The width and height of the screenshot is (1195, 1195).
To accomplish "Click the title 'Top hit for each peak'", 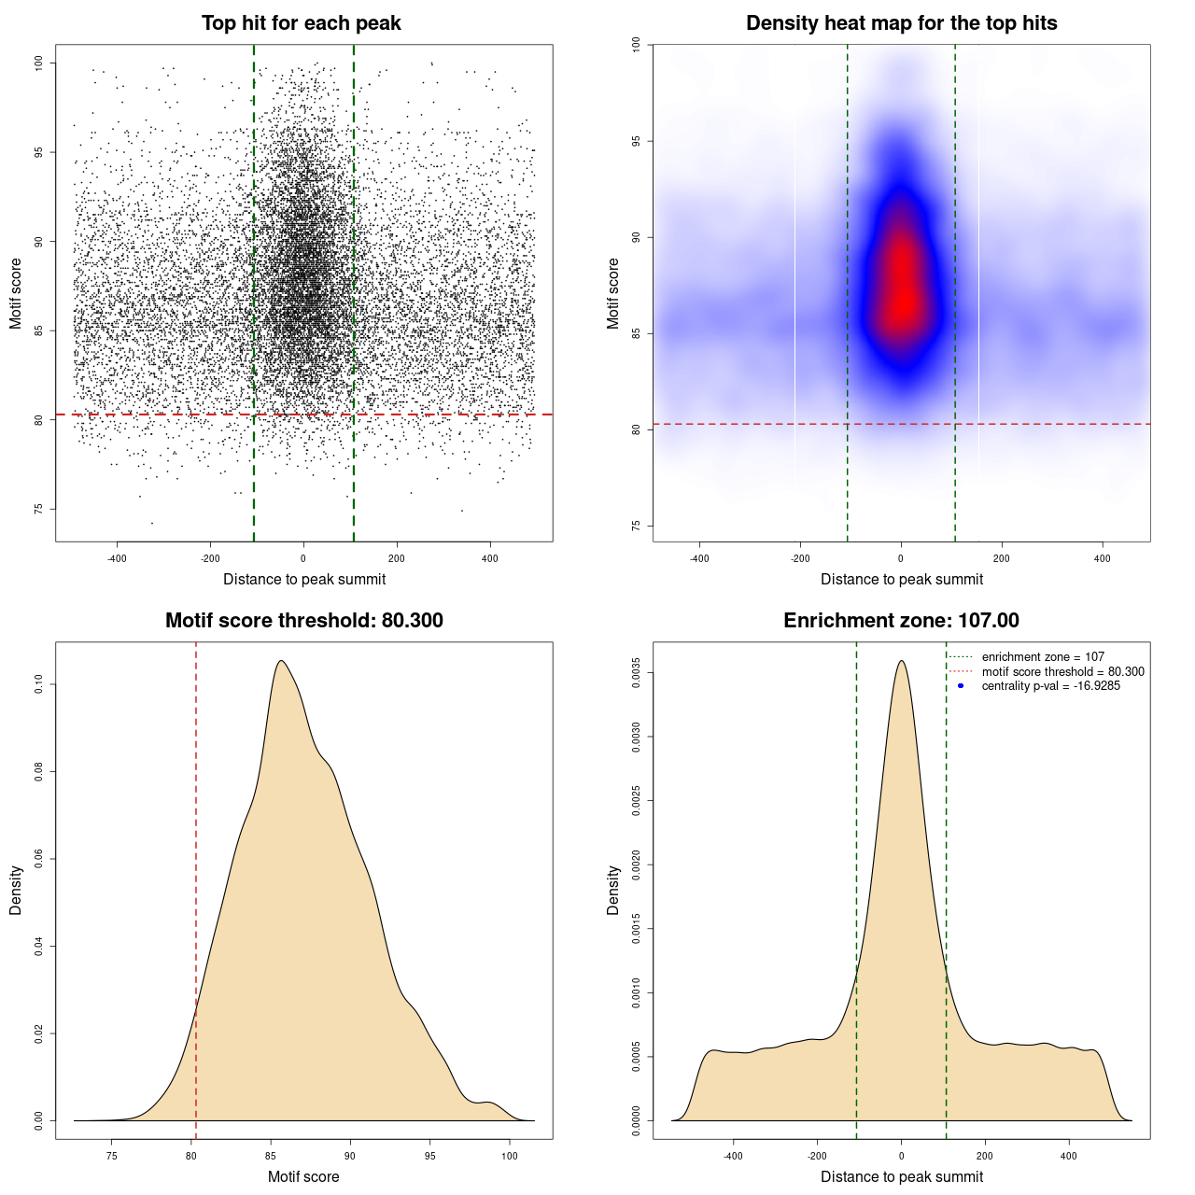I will point(302,23).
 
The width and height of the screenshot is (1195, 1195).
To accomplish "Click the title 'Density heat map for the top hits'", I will point(901,23).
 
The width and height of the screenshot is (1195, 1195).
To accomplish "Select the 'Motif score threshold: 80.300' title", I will point(303,621).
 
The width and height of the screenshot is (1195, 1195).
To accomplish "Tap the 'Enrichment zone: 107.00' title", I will point(901,621).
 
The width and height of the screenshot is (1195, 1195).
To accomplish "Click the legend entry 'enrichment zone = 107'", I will point(1042,657).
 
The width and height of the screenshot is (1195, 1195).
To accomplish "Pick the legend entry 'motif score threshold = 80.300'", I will point(1062,672).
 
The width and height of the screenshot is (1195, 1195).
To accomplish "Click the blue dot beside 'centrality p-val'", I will point(961,686).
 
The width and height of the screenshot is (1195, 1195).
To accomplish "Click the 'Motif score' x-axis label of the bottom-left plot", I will point(303,1176).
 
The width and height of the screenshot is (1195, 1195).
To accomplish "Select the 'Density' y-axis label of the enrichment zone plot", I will point(613,890).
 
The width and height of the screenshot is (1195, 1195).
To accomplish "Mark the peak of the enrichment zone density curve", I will point(901,661).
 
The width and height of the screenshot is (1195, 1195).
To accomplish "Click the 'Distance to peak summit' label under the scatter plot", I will point(304,579).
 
